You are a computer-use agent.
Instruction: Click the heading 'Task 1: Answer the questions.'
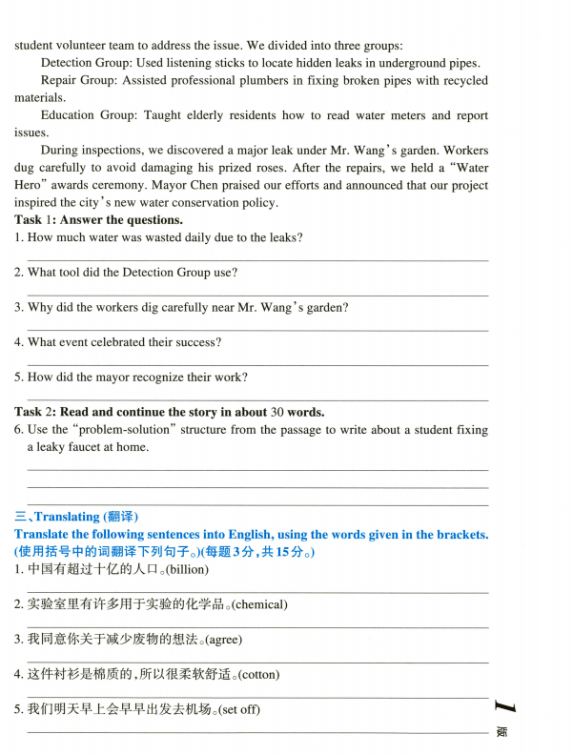[x=98, y=220]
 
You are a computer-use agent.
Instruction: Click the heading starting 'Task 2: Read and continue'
[x=170, y=412]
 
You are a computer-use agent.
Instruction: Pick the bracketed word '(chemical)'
[x=259, y=604]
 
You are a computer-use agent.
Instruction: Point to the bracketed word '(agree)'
[x=226, y=639]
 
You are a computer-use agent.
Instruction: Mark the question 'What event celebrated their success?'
[x=117, y=342]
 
